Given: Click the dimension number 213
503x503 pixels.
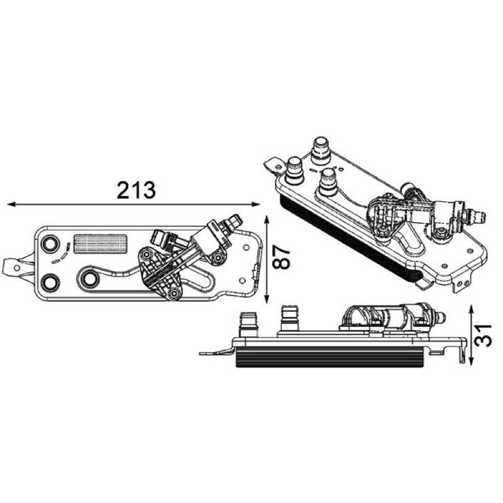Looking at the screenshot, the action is (136, 191).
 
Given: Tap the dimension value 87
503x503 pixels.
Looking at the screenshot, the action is (281, 257).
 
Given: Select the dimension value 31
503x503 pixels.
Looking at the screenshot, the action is (483, 335).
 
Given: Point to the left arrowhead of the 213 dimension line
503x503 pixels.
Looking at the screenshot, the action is (11, 204).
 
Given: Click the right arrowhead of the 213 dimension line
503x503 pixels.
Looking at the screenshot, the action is (256, 204).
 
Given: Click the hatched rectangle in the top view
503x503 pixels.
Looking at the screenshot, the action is (101, 244).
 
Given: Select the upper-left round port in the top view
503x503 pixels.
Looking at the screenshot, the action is (50, 244).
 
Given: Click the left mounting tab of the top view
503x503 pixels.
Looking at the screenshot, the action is (18, 268).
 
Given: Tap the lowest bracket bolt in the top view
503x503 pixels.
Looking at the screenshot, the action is (174, 292).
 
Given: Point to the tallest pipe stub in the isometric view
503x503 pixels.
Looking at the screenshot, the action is (321, 152).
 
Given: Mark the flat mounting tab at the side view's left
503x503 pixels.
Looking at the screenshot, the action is (216, 353).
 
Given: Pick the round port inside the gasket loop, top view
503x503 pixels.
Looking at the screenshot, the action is (89, 279).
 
